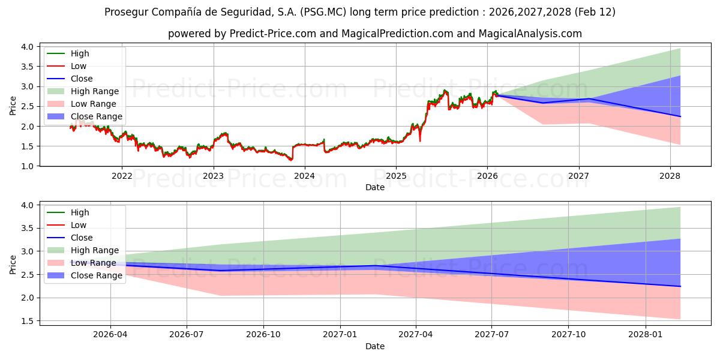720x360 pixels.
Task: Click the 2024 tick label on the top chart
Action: click(304, 176)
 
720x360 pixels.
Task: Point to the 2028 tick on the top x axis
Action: click(670, 176)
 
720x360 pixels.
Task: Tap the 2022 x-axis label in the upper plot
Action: click(122, 176)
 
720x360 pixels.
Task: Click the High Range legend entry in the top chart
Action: click(94, 91)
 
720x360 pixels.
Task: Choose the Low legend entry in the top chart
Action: click(78, 66)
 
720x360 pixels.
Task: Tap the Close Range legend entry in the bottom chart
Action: click(96, 275)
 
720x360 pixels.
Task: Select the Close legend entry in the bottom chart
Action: click(82, 238)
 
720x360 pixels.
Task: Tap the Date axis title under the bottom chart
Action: click(374, 346)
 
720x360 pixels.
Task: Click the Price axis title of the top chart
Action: click(13, 106)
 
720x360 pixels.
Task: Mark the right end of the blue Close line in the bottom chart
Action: click(680, 286)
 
